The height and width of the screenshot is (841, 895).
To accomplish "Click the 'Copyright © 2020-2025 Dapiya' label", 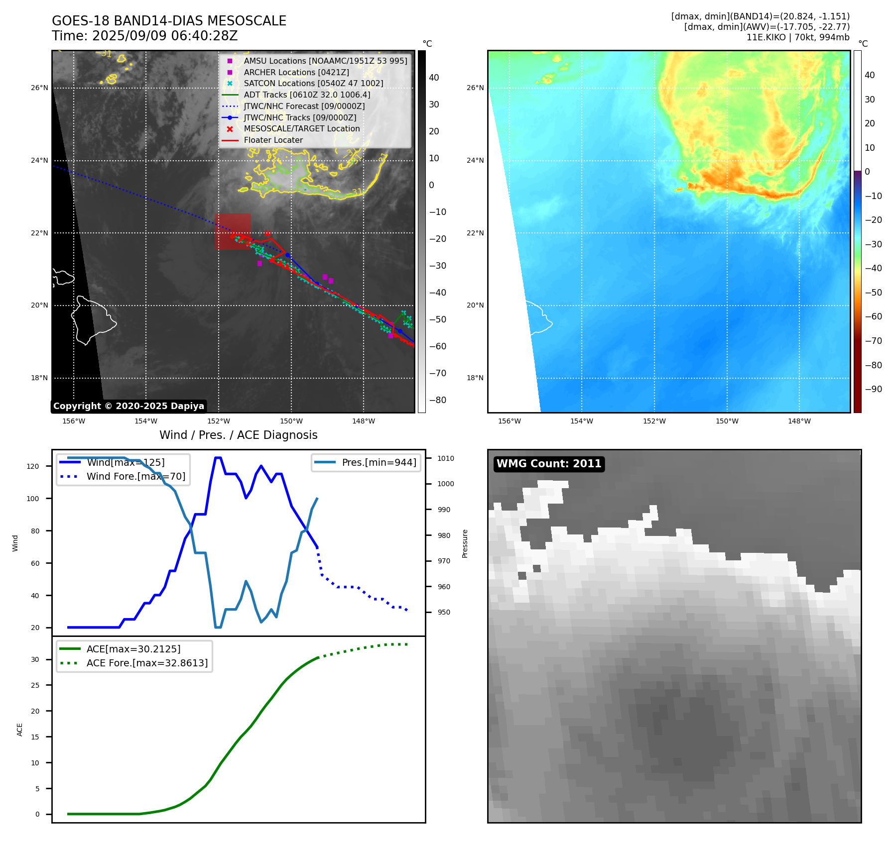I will coord(128,406).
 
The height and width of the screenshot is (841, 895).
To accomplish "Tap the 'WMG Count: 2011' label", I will coord(549,464).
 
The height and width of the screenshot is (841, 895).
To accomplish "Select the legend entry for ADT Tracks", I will coord(307,95).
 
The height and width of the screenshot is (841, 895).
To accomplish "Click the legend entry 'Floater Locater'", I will coord(273,140).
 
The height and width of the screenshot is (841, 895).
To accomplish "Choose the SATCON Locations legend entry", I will coord(313,83).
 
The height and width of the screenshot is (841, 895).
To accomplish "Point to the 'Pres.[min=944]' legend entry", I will coord(379,462).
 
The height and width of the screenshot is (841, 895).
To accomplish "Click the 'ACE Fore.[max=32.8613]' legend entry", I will coord(147,663).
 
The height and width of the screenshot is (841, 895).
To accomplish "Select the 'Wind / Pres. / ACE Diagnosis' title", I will coord(238,435).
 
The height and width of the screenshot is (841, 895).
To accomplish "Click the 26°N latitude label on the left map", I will coord(40,88).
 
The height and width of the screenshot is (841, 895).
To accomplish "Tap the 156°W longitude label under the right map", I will coord(509,421).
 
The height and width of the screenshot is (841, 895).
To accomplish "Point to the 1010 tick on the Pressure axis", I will coord(446,458).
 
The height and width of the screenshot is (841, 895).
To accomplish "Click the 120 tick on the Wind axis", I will coord(33,466).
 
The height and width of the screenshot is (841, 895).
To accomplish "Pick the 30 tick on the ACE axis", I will coord(35,659).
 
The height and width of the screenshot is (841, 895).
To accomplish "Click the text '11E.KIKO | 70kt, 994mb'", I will coord(797,37).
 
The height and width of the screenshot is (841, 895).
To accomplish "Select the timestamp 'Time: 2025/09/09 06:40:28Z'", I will coord(144,36).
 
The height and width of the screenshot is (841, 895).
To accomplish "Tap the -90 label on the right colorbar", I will coord(873,389).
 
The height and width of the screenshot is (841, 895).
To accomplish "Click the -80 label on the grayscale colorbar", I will coord(438,400).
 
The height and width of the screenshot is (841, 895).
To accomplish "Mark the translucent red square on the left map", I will coord(233,231).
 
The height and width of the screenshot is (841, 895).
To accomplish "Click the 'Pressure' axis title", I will coord(465,543).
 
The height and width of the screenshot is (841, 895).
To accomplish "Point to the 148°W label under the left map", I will coord(364,421).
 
